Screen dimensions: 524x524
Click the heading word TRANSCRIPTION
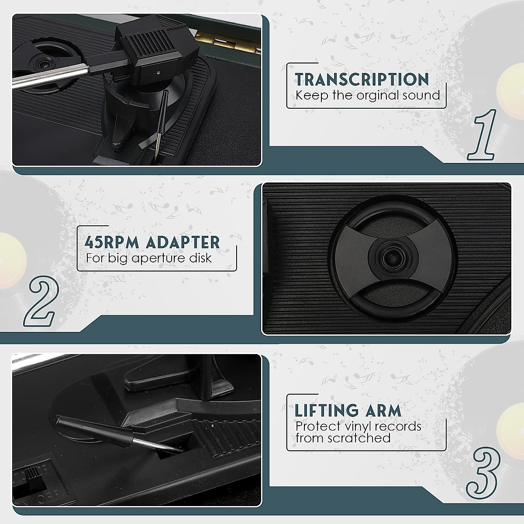pyautogui.click(x=362, y=79)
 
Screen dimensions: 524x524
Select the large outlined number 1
pyautogui.click(x=483, y=135)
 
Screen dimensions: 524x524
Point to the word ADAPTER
pyautogui.click(x=183, y=242)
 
